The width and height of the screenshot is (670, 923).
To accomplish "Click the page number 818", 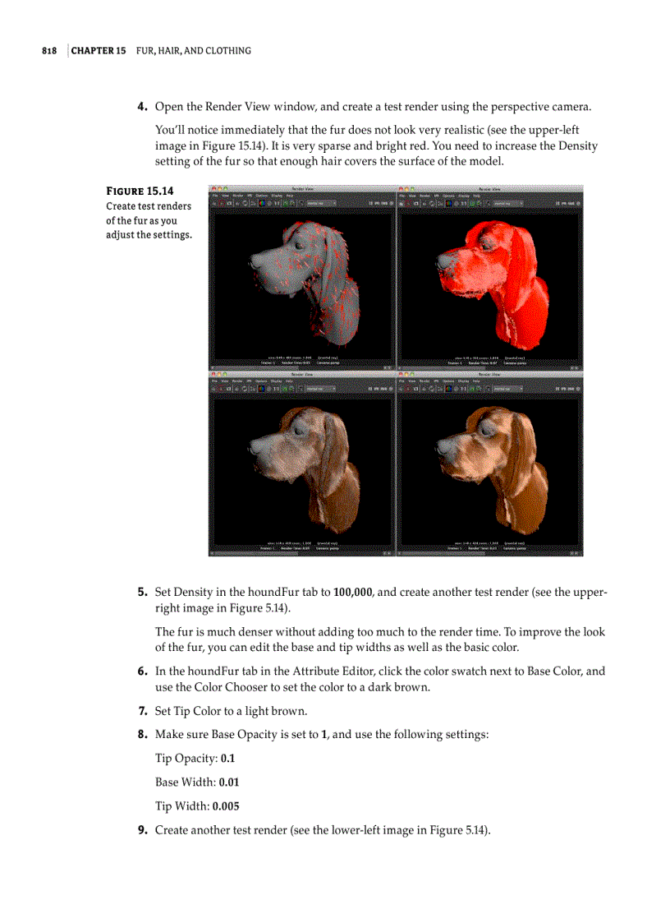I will click(49, 51).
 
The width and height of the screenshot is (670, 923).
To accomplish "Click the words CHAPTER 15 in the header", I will click(99, 51).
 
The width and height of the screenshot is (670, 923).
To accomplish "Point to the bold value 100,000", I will click(354, 592).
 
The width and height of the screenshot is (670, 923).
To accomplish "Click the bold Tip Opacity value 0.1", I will click(228, 759).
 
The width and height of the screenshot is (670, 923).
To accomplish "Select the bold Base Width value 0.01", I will click(229, 782).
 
